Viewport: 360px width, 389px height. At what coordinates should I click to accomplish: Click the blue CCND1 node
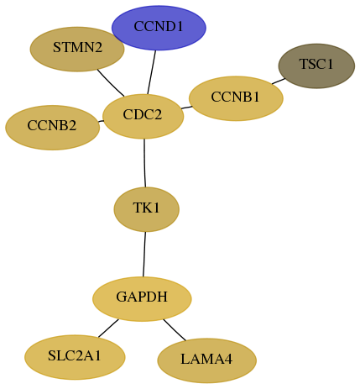(159, 28)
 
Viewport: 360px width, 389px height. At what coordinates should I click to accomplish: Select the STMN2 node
(77, 49)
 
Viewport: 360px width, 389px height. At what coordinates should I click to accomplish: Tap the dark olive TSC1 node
(316, 66)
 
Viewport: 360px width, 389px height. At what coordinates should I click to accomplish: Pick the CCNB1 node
(236, 98)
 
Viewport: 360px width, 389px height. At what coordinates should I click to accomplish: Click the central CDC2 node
(143, 116)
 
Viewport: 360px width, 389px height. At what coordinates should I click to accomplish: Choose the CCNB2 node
(52, 128)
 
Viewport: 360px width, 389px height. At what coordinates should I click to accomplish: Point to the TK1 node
(146, 209)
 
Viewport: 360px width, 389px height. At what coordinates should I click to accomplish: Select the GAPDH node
(142, 299)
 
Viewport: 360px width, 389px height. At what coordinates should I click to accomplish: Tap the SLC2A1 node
(75, 357)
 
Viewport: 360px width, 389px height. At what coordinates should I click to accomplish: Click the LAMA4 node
(206, 360)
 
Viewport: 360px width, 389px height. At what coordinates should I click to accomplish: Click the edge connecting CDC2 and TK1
(144, 163)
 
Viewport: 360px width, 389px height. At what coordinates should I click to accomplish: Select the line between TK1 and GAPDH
(144, 254)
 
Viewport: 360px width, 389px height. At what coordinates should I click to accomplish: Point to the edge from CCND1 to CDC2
(151, 72)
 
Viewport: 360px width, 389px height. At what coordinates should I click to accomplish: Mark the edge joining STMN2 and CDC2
(111, 83)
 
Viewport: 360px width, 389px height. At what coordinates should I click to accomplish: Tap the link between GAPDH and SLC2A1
(108, 328)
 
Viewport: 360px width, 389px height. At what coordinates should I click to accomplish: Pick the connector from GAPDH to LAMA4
(175, 330)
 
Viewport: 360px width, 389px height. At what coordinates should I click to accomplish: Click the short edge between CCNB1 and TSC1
(279, 81)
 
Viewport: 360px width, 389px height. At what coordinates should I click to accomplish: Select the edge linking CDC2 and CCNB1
(186, 108)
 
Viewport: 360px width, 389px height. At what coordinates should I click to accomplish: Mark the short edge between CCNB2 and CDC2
(101, 121)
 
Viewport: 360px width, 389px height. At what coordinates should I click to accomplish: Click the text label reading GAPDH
(142, 297)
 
